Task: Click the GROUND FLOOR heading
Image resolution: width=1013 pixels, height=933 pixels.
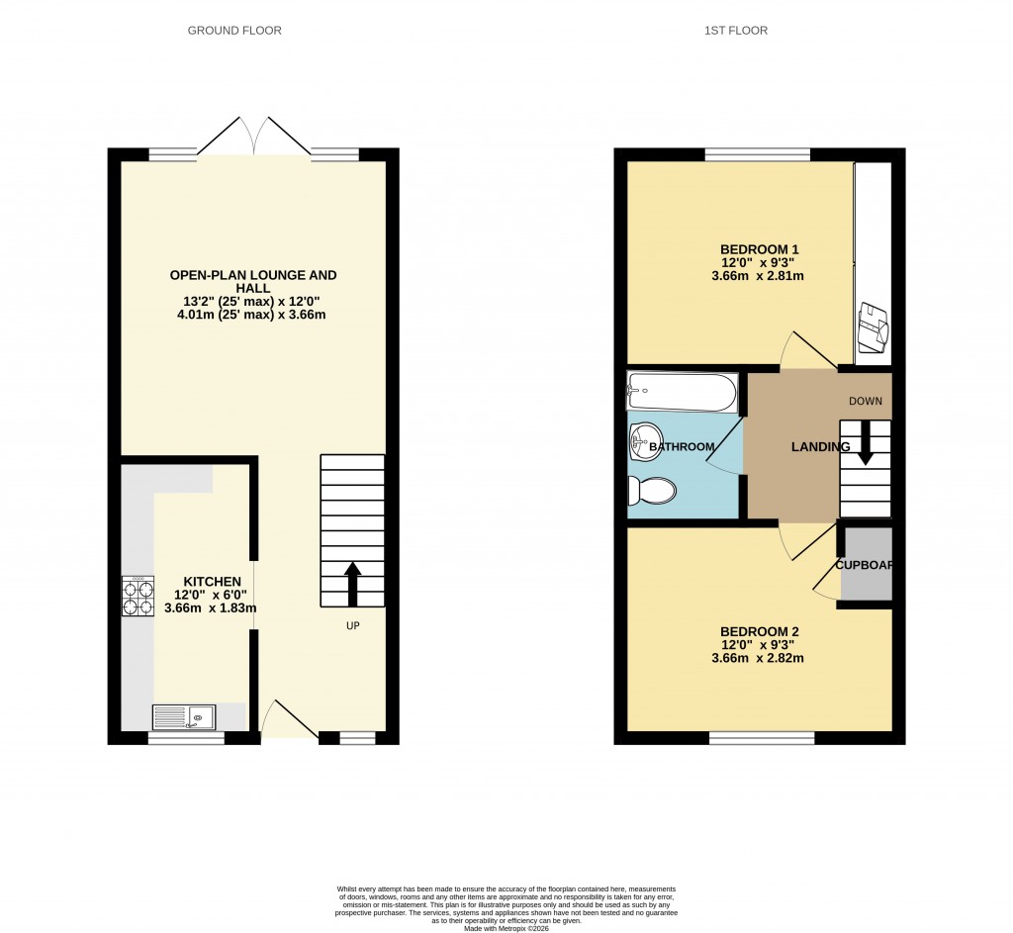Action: (234, 31)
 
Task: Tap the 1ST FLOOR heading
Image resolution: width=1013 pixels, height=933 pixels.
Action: (736, 31)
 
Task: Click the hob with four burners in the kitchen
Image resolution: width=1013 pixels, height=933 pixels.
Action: (138, 597)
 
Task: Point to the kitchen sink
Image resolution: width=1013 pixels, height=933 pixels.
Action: (184, 716)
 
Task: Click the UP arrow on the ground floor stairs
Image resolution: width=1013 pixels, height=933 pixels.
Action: (352, 583)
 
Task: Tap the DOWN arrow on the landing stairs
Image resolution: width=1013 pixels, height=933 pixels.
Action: (866, 441)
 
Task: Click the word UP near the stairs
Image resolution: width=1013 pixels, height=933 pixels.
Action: (353, 625)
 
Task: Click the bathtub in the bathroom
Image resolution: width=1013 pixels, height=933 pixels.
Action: (682, 392)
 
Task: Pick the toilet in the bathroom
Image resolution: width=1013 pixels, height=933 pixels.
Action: (652, 489)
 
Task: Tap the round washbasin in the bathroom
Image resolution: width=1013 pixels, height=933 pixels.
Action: (645, 441)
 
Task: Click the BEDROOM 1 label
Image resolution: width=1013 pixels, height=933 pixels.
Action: (759, 248)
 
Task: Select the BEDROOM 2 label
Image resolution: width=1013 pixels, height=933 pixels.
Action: (759, 631)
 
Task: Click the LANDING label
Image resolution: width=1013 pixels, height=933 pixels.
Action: (820, 447)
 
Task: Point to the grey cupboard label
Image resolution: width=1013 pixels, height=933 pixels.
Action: (865, 566)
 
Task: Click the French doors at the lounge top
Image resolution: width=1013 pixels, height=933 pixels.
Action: (254, 139)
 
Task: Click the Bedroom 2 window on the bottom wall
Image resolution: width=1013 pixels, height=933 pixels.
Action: (762, 737)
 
